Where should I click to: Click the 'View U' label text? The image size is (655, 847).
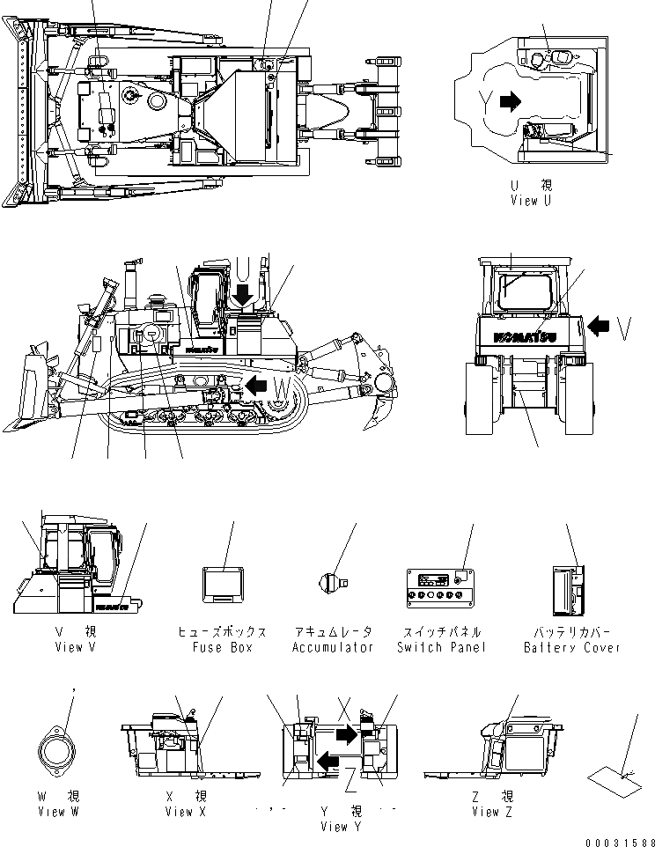[x=531, y=201]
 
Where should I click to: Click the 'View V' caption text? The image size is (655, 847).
[x=68, y=647]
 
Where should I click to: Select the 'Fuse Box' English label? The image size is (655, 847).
[x=222, y=647]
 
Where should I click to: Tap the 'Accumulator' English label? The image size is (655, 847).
[x=333, y=647]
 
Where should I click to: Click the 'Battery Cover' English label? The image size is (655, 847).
[x=572, y=647]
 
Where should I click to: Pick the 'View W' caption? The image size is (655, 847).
[x=58, y=811]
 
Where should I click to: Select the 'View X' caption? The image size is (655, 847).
[x=185, y=811]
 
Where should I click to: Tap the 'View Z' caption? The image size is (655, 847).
[x=486, y=811]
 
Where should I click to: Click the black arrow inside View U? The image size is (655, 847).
[x=510, y=102]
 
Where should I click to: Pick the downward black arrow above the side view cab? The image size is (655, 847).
[x=244, y=290]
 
